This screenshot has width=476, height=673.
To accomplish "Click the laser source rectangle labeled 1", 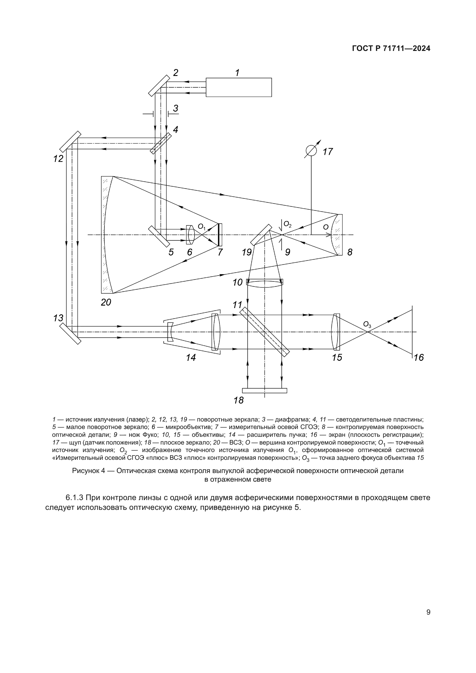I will (x=239, y=87).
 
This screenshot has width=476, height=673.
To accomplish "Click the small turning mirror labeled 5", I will (x=159, y=236).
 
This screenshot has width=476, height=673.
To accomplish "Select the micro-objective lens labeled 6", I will (x=191, y=234).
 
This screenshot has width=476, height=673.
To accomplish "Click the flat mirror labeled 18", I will (x=264, y=390).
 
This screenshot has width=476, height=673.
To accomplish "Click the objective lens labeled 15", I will (x=336, y=332).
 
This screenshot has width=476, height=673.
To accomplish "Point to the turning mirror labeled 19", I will (x=261, y=234).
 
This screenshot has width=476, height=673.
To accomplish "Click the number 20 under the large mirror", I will (x=106, y=302).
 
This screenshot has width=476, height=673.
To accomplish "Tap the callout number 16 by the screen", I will (x=418, y=358).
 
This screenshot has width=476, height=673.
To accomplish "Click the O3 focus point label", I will (x=367, y=325).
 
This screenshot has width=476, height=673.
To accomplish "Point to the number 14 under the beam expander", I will (x=191, y=358).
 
